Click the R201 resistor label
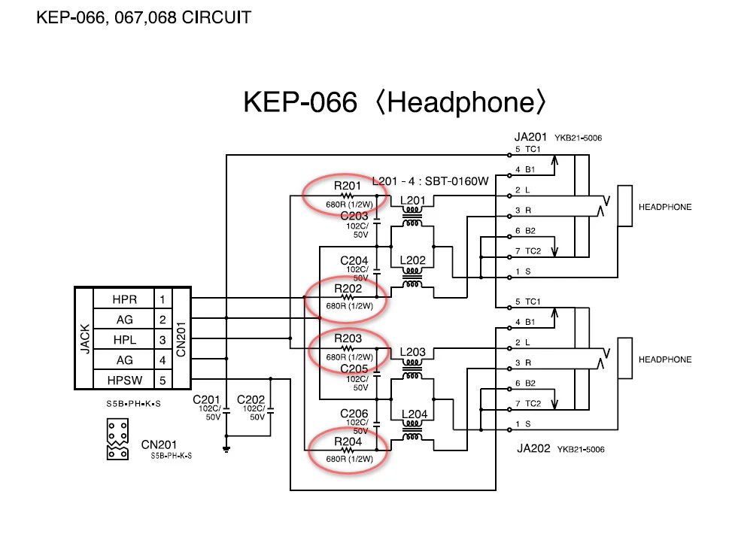(348, 186)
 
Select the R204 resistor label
(348, 441)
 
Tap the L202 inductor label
(413, 261)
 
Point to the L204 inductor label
(415, 414)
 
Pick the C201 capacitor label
(207, 399)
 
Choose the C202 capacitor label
(251, 399)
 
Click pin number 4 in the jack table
(163, 360)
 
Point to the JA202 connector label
(534, 449)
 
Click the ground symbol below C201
(226, 449)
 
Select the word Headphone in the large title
(460, 103)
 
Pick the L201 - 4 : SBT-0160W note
(430, 182)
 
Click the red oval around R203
(349, 349)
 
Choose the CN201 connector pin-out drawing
(117, 439)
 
